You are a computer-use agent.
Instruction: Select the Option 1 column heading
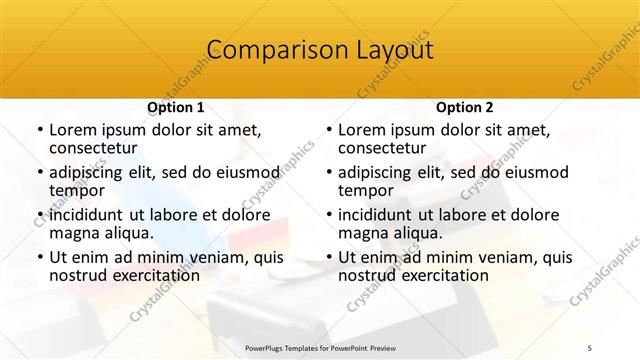pyautogui.click(x=175, y=107)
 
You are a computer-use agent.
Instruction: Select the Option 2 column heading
pyautogui.click(x=464, y=107)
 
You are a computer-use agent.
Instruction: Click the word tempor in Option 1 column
pyautogui.click(x=77, y=190)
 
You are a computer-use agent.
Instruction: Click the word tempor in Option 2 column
pyautogui.click(x=366, y=190)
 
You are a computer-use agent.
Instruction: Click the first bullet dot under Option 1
pyautogui.click(x=40, y=130)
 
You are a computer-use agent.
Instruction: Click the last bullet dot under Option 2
pyautogui.click(x=329, y=257)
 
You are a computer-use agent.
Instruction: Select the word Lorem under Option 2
pyautogui.click(x=362, y=130)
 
